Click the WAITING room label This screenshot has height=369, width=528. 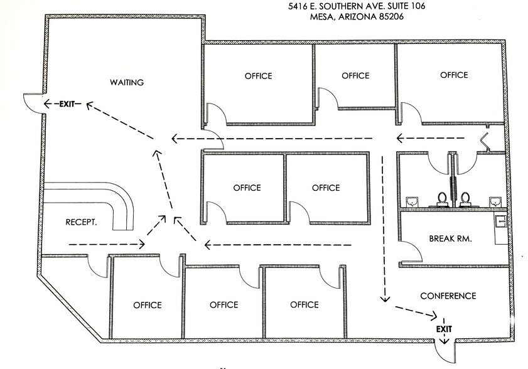tap(127, 82)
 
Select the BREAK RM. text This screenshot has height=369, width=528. tap(450, 238)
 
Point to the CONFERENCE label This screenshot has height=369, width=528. tap(448, 296)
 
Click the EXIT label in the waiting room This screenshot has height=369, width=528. tap(66, 104)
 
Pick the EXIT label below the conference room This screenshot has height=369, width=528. tap(444, 329)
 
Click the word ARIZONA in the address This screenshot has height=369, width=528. tap(358, 18)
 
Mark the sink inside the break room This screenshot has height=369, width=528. tap(500, 222)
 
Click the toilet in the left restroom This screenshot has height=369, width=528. tap(442, 199)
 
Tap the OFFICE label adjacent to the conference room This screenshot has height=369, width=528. tap(304, 305)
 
